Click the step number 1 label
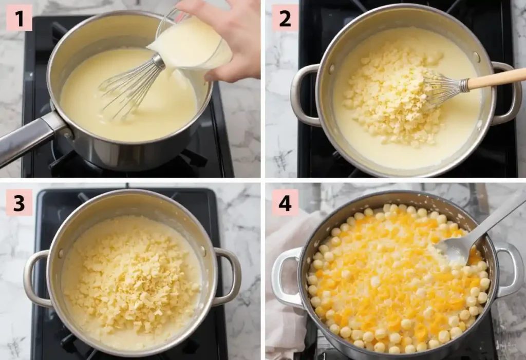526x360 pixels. tap(19, 19)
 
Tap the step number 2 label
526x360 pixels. tap(285, 19)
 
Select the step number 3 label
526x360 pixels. tap(19, 202)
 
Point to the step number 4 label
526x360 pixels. tap(285, 202)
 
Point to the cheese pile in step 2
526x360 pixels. tap(390, 95)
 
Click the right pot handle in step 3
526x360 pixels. tap(229, 277)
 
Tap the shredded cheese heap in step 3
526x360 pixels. tap(131, 275)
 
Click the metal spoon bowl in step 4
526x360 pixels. tap(455, 249)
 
